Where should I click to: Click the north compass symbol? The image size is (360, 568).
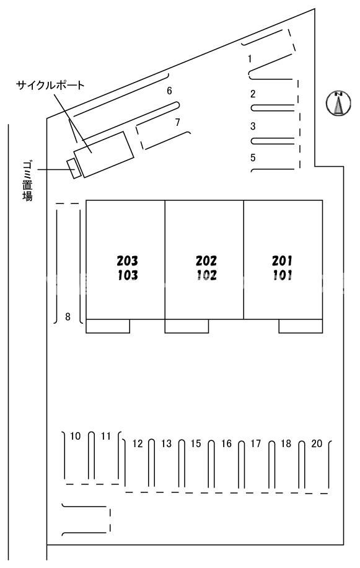(338, 103)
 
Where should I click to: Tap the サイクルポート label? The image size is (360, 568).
(50, 86)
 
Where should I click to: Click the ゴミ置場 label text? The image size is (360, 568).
(27, 181)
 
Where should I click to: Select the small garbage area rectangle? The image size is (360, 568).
(74, 169)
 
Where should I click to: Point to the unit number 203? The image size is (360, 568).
(128, 260)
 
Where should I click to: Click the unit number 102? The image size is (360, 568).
(206, 275)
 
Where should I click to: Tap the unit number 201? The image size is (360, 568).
(282, 260)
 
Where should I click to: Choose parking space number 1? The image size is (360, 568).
(250, 58)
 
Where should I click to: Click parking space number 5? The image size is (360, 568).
(253, 158)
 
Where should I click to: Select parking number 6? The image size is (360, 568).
(169, 91)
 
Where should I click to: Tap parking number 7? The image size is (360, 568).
(177, 122)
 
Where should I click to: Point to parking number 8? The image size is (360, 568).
(68, 317)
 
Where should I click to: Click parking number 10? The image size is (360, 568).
(75, 436)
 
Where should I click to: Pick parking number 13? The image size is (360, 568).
(167, 443)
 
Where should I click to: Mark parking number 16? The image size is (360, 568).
(227, 443)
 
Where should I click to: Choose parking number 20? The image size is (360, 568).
(317, 443)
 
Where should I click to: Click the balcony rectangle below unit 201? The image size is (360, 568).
(301, 326)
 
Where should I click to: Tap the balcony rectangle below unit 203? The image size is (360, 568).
(108, 326)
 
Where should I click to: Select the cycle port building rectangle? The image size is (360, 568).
(104, 154)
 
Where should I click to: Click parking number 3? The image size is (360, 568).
(253, 126)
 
